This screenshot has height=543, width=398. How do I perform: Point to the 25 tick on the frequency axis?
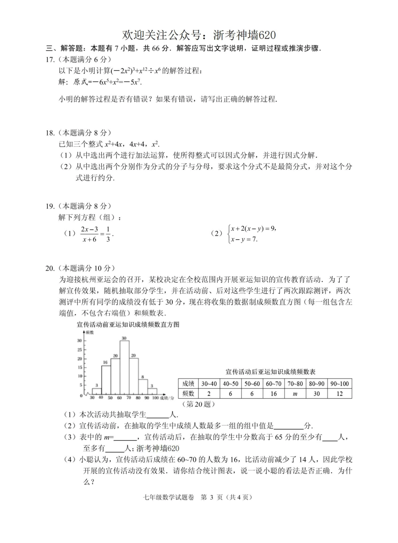click(80, 349)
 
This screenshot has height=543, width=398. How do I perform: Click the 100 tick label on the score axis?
click(155, 398)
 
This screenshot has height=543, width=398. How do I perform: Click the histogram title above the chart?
click(128, 324)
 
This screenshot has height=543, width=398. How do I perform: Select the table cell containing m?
click(295, 393)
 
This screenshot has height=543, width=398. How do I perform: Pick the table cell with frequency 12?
click(339, 393)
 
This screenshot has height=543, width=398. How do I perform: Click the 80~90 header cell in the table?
click(317, 384)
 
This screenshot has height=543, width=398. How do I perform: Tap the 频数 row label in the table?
click(188, 393)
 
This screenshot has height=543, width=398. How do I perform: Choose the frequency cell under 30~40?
click(209, 393)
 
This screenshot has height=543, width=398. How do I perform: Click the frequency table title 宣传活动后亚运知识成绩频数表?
click(270, 371)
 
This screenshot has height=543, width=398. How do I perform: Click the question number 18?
click(50, 133)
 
